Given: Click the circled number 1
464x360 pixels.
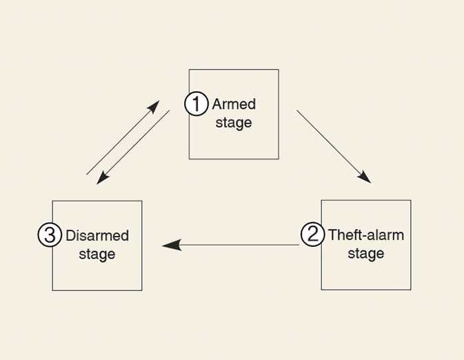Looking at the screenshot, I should pyautogui.click(x=196, y=104).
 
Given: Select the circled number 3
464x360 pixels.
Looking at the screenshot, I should pyautogui.click(x=49, y=234).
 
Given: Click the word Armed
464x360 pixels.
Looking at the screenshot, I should pyautogui.click(x=234, y=104).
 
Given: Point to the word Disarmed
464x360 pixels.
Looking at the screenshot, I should pyautogui.click(x=97, y=235).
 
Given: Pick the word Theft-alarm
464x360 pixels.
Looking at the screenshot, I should pyautogui.click(x=366, y=234).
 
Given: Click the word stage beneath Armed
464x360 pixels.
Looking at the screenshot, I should pyautogui.click(x=234, y=123).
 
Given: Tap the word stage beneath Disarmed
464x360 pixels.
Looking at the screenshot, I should pyautogui.click(x=97, y=254).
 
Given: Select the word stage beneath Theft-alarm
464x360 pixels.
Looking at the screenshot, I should pyautogui.click(x=366, y=254).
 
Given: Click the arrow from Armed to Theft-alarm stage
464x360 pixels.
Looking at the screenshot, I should pyautogui.click(x=332, y=145).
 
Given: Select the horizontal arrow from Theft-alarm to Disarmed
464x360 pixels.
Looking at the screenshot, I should pyautogui.click(x=231, y=245).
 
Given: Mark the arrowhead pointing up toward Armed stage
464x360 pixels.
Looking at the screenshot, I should pyautogui.click(x=153, y=107).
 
